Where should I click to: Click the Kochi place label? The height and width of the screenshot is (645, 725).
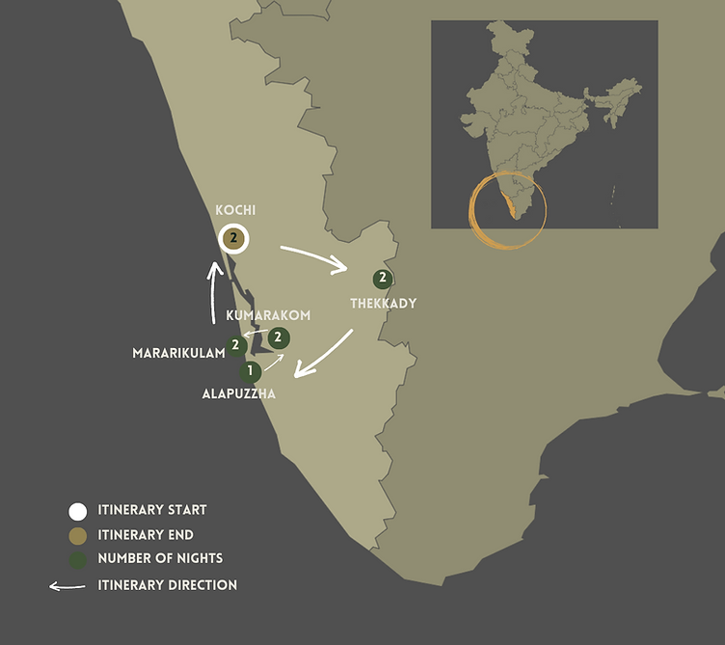click(x=236, y=210)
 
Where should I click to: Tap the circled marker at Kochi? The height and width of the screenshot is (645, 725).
click(x=233, y=237)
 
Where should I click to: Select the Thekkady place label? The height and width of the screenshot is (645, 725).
click(x=383, y=303)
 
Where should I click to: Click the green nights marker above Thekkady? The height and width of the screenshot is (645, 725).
click(x=383, y=280)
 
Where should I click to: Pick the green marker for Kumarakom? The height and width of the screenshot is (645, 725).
click(x=279, y=337)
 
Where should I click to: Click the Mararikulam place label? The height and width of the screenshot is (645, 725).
click(x=178, y=353)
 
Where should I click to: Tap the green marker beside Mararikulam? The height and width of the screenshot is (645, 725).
click(x=235, y=345)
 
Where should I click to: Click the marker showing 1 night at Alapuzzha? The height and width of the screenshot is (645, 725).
click(x=251, y=371)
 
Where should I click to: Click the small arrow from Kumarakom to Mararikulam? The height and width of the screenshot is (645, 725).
click(x=255, y=335)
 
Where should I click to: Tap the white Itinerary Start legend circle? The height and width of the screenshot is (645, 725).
click(x=78, y=511)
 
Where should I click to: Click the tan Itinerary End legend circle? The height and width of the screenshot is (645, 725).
click(x=78, y=535)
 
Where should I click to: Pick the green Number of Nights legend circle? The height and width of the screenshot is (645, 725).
click(x=78, y=559)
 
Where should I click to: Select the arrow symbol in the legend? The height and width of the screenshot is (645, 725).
click(x=67, y=585)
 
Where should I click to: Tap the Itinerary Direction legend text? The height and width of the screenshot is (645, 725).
click(x=168, y=585)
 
